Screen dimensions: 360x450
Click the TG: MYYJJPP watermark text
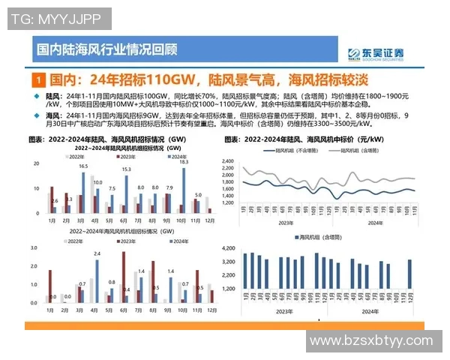[55, 18]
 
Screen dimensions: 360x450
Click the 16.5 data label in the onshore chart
[83, 166]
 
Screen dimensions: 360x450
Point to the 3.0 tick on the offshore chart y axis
[34, 247]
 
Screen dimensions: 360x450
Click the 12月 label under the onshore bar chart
[211, 221]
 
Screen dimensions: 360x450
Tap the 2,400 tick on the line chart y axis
[229, 161]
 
